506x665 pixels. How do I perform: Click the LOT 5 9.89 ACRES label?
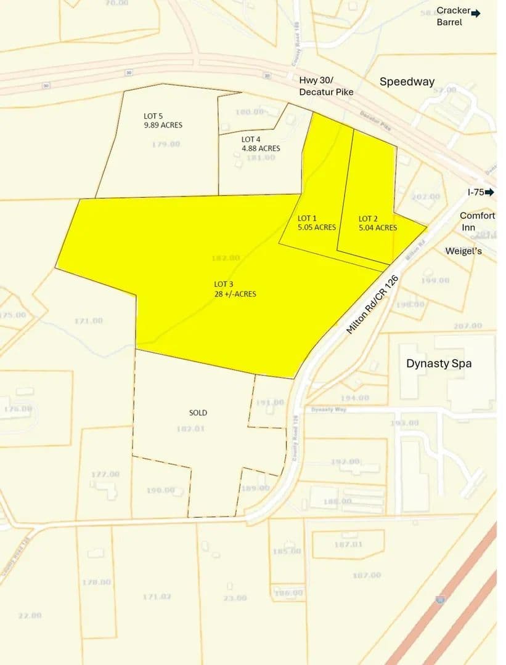[x=163, y=120]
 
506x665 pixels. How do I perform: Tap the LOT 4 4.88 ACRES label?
[x=260, y=143]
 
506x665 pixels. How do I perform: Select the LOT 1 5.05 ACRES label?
[x=316, y=223]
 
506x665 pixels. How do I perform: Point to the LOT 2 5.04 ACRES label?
[x=377, y=223]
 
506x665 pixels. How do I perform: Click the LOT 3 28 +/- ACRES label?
[x=235, y=289]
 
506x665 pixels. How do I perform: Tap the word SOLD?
[x=198, y=413]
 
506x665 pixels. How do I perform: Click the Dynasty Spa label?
[x=439, y=363]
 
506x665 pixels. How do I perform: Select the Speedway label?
[x=407, y=81]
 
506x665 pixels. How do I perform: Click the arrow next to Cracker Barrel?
[x=476, y=12]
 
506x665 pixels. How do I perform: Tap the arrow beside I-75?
[x=490, y=193]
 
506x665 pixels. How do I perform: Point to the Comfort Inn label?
[x=477, y=222]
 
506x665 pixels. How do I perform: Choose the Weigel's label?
[x=463, y=251]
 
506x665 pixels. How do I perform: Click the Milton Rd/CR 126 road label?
[x=372, y=305]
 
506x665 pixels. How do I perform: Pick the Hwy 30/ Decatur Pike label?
[x=326, y=86]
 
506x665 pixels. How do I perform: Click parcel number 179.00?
[x=166, y=144]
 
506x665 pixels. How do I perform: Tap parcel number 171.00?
[x=88, y=321]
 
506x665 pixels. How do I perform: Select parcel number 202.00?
[x=425, y=197]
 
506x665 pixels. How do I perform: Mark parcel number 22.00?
[x=30, y=615]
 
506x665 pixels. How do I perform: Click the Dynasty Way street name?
[x=327, y=409]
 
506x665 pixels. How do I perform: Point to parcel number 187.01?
[x=348, y=544]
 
